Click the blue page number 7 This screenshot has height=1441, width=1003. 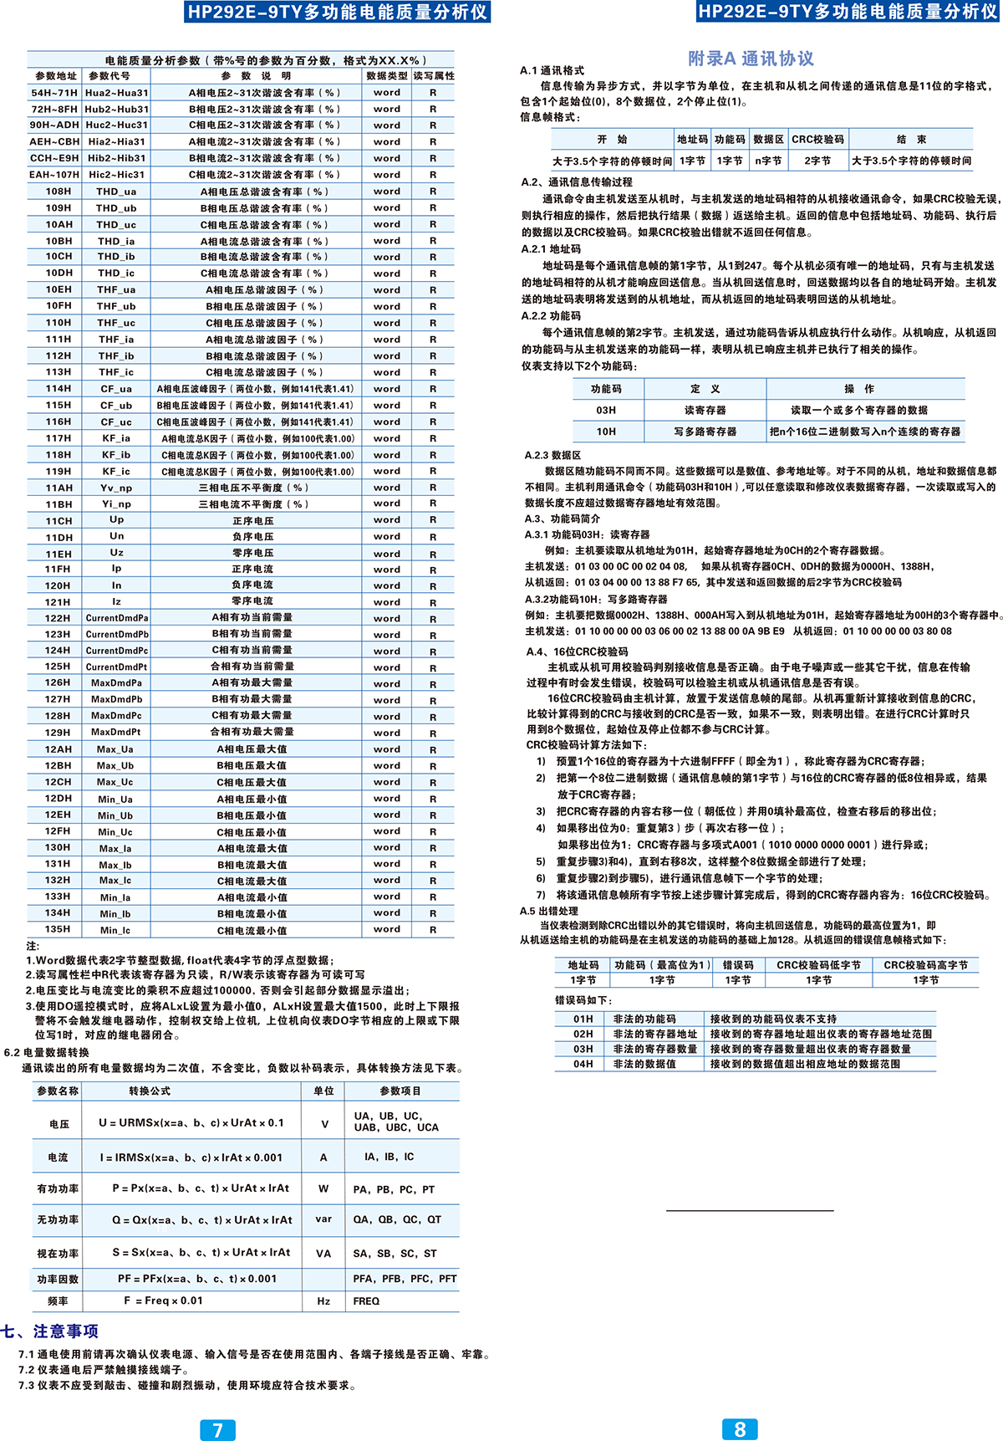click(218, 1429)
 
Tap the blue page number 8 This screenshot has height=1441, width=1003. click(740, 1428)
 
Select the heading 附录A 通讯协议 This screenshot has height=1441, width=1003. click(751, 59)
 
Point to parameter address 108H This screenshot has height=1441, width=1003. click(59, 192)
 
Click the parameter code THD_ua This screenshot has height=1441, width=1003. click(116, 192)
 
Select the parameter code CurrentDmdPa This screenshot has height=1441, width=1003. click(117, 618)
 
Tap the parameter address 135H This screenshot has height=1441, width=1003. click(58, 929)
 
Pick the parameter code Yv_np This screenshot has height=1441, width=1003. click(116, 488)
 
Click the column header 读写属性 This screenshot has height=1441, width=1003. click(434, 76)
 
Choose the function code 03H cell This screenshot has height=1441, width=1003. click(606, 410)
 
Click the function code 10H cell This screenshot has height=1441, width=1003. click(606, 432)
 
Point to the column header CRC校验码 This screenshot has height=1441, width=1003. click(817, 140)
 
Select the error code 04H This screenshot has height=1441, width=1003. click(583, 1064)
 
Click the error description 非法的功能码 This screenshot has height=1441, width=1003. click(644, 1019)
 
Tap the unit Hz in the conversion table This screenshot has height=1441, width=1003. click(323, 1301)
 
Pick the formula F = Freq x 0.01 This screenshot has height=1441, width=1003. click(163, 1300)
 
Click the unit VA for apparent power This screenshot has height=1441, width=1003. click(323, 1254)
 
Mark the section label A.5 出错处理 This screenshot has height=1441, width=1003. click(548, 911)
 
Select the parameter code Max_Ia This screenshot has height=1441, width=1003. click(115, 848)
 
